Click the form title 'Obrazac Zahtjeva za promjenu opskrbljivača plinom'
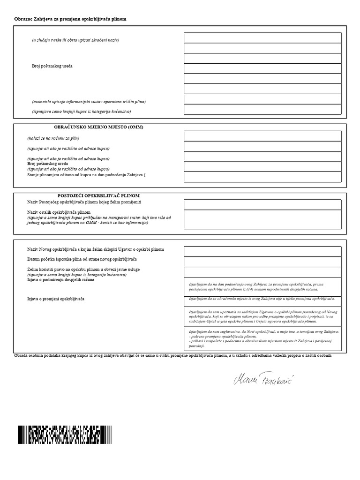coord(70,19)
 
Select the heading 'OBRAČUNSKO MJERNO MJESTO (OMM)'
coord(98,127)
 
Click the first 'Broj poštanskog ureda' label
coord(52,66)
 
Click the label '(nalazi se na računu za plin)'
coord(53,138)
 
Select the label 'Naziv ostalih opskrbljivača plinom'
coord(59,212)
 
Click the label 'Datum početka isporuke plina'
coord(82,259)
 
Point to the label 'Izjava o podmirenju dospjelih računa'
coord(61,280)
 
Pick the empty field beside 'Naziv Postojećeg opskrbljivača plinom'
coord(262,204)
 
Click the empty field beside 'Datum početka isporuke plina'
coord(262,262)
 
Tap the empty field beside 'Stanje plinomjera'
coord(262,177)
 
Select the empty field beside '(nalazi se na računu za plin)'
coord(262,136)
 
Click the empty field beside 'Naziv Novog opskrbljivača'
coord(262,251)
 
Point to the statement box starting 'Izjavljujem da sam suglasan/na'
coord(262,338)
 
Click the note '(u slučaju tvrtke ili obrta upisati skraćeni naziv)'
coord(75,40)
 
